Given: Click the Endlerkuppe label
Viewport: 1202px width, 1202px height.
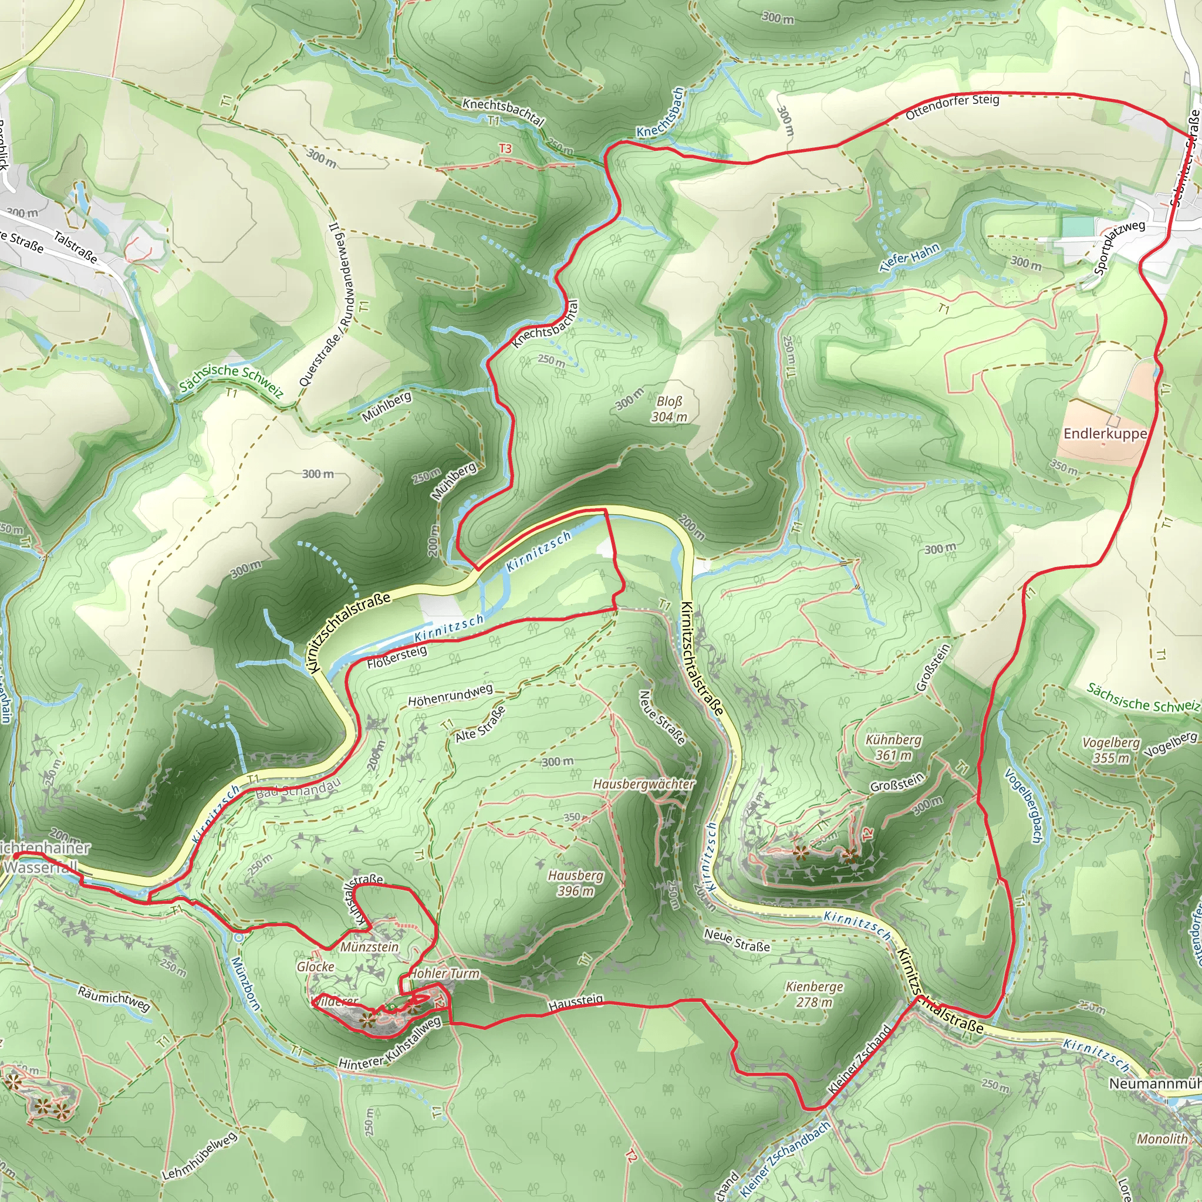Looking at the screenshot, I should coord(1105,434).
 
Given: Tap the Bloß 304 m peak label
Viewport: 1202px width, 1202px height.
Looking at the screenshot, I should coord(669,410).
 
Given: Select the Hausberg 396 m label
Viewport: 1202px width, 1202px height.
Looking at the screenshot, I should coord(576,883).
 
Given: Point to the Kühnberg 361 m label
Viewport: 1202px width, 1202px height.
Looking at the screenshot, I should coord(893,747).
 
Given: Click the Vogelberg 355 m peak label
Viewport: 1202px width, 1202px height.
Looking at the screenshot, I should coord(1111,750).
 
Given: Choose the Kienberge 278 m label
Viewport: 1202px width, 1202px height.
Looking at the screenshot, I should coord(815,994).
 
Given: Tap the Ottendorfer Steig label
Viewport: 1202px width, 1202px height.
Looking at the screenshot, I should coord(953,106).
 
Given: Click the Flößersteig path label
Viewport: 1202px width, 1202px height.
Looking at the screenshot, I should coord(397,657).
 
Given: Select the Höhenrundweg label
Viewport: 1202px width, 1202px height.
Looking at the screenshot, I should coord(450,695).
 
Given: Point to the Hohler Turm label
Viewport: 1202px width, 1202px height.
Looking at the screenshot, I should coord(445,974).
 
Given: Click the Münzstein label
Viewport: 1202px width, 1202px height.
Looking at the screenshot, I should coord(370,947).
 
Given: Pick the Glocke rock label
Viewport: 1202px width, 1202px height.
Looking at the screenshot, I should coord(315,967).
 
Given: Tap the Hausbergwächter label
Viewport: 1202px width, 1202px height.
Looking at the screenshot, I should coord(644,784).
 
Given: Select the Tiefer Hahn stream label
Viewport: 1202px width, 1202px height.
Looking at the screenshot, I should coord(910,257).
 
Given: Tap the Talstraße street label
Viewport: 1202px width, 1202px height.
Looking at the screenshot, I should coord(75,247).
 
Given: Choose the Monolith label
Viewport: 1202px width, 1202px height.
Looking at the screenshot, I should coord(1162,1139).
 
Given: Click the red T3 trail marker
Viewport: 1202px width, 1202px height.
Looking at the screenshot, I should coord(505,148).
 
